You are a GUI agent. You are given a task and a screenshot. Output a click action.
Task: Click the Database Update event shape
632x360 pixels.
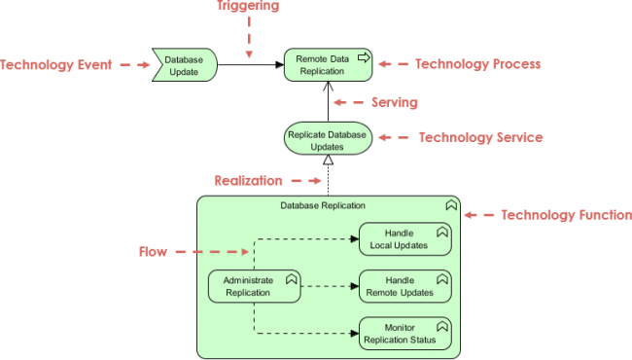coord(183,65)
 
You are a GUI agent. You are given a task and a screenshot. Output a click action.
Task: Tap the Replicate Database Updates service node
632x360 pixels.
coord(328,139)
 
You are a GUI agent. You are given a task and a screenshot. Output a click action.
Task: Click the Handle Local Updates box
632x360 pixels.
coord(405,238)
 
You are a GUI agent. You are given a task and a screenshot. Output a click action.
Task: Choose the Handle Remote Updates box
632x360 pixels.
coord(405,286)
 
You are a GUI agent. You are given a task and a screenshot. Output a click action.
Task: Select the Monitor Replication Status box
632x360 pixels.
coord(405,334)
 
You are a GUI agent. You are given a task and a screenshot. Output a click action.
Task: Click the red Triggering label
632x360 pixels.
coord(247,7)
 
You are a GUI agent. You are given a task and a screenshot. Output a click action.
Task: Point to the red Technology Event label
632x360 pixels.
coord(56,65)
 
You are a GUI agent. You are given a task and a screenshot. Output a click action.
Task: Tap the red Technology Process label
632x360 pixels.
coord(477,64)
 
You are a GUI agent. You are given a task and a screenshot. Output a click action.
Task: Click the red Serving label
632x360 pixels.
coord(395,102)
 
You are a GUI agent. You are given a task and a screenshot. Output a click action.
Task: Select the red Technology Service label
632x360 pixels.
coord(480,138)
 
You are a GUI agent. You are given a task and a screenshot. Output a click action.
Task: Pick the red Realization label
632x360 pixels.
coord(250,181)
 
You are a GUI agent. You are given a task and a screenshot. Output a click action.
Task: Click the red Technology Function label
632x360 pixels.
coord(566,215)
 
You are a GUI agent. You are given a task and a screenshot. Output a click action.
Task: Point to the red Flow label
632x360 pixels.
coord(153,252)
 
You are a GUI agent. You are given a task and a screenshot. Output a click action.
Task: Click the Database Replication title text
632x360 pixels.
coord(323,205)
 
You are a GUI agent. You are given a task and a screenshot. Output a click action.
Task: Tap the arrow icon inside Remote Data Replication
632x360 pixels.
coord(364,57)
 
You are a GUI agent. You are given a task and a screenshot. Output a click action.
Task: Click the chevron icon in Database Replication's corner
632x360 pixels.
coord(450,205)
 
